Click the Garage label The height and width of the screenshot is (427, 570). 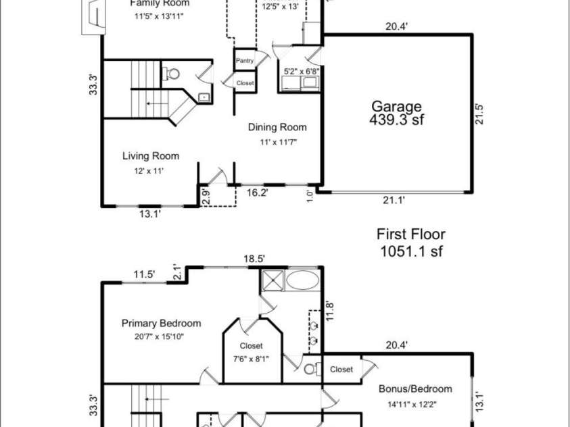[396, 106]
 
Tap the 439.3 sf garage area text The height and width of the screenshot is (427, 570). [397, 120]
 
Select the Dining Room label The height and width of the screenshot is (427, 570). [277, 127]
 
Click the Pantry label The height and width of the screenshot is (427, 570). [245, 61]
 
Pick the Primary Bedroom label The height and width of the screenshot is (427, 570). [161, 323]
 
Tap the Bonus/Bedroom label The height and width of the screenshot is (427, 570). [416, 388]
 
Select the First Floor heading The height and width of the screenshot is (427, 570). [410, 234]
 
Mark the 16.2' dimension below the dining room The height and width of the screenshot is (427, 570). [256, 193]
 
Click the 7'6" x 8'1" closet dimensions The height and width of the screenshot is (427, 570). [251, 359]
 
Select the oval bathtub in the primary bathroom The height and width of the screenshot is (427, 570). [302, 280]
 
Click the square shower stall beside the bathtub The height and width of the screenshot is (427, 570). [272, 280]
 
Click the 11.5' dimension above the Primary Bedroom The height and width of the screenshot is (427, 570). [144, 274]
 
